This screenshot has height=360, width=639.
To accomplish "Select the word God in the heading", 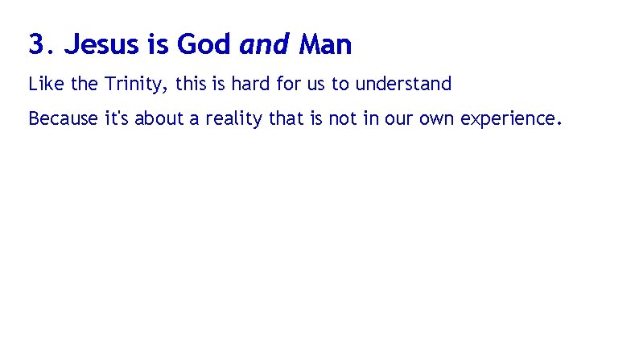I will click(204, 45).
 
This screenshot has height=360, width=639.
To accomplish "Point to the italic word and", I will click(264, 45).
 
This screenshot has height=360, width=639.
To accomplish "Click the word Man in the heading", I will click(325, 45).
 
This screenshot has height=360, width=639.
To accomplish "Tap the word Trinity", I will click(135, 84).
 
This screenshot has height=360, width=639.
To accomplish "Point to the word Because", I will click(64, 119).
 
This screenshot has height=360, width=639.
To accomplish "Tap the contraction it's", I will click(117, 119).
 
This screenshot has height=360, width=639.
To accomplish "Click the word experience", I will click(504, 120).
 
